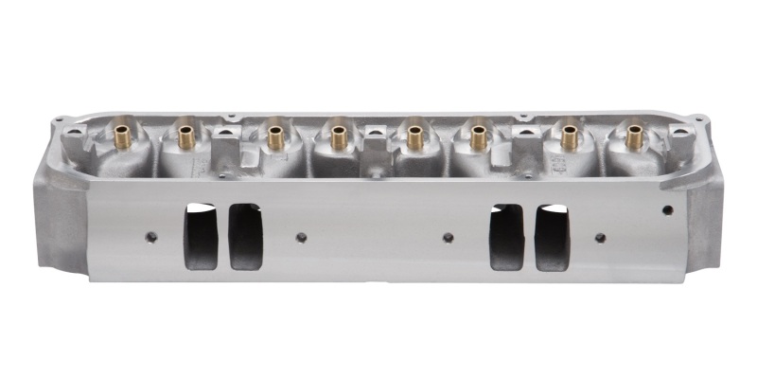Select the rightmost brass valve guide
pyautogui.click(x=631, y=135)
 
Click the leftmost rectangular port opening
pyautogui.click(x=201, y=236)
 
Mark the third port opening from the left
pyautogui.click(x=506, y=236)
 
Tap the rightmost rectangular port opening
pyautogui.click(x=553, y=236)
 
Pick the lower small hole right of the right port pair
pyautogui.click(x=600, y=237)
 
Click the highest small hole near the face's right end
pyautogui.click(x=667, y=208)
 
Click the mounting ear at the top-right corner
pyautogui.click(x=699, y=120)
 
